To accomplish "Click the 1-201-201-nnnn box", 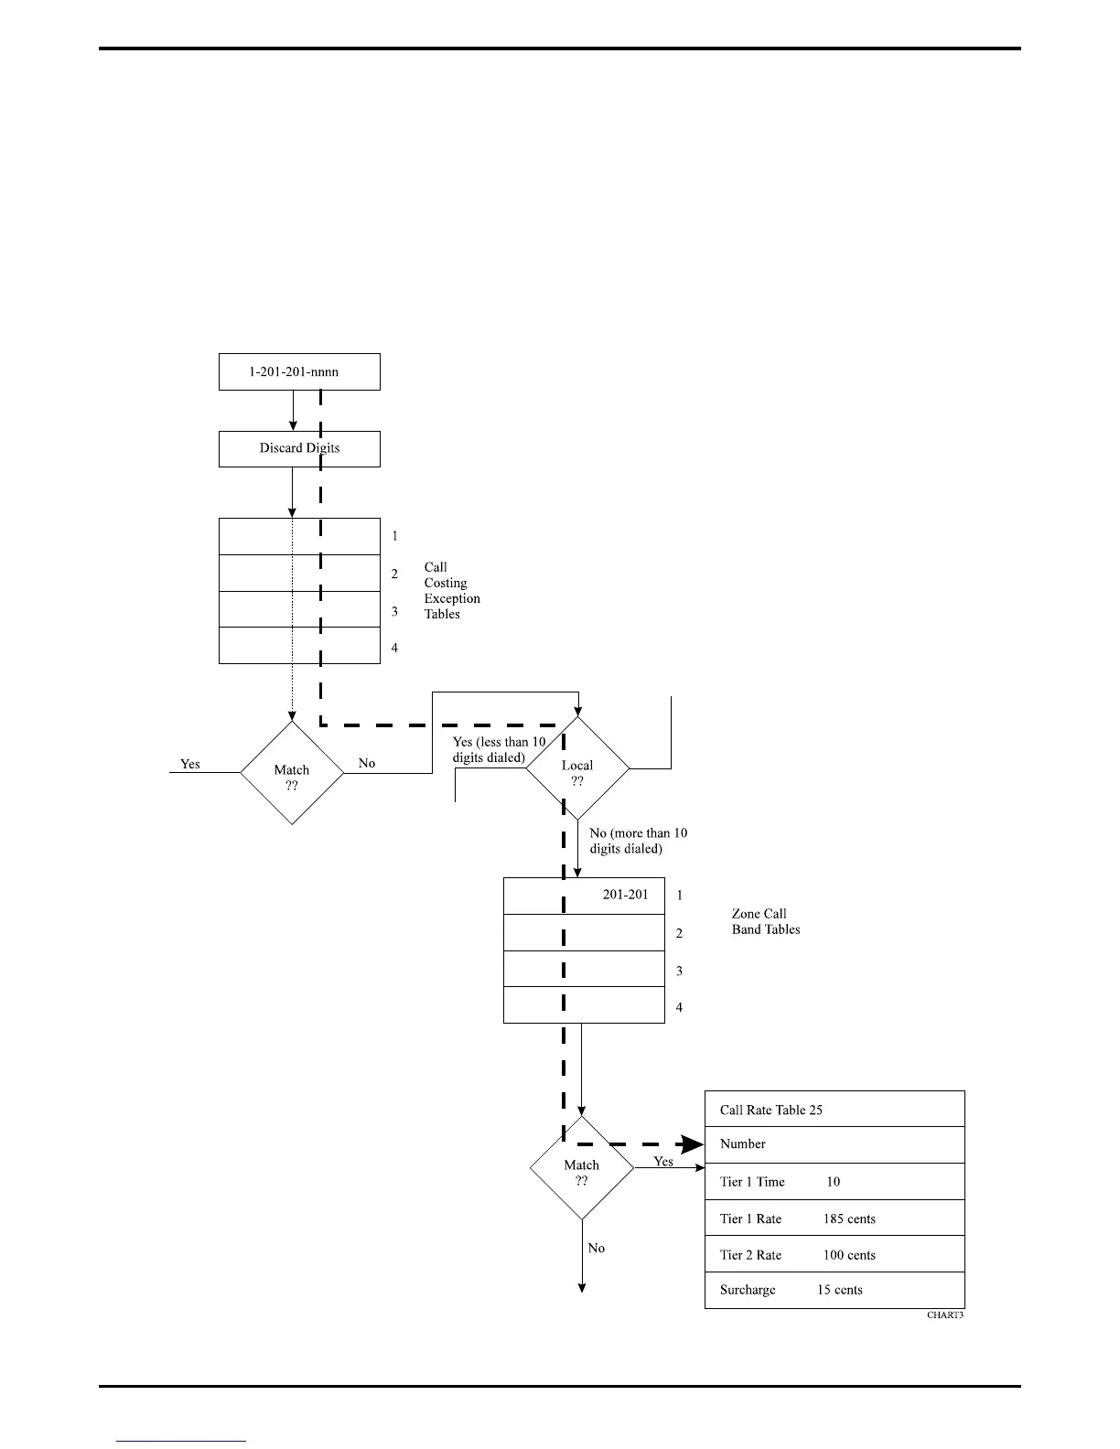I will (x=299, y=372).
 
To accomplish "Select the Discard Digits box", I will (x=299, y=448).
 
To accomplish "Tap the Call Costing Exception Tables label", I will (x=451, y=590).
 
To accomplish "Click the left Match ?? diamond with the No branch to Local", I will (x=292, y=774).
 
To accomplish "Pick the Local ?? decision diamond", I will (x=577, y=769).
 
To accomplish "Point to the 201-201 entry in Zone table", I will (x=625, y=895).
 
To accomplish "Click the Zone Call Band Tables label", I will (x=765, y=921).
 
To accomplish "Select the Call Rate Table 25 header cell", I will (x=835, y=1110).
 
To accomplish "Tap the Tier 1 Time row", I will (x=835, y=1182).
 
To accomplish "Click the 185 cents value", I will (x=849, y=1218).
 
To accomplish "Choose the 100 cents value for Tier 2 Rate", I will (x=849, y=1255).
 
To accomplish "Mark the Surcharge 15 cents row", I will (x=835, y=1290).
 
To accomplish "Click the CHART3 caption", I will (x=945, y=1315).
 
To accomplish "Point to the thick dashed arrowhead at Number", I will (x=692, y=1144).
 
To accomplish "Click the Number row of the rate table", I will (x=835, y=1144).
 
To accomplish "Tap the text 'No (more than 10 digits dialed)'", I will (x=638, y=841).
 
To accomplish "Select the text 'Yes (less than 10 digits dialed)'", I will (x=499, y=750).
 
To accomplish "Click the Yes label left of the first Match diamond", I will (x=190, y=764).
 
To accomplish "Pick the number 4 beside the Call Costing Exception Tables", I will (x=395, y=648).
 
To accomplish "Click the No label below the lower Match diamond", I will (x=597, y=1248).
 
